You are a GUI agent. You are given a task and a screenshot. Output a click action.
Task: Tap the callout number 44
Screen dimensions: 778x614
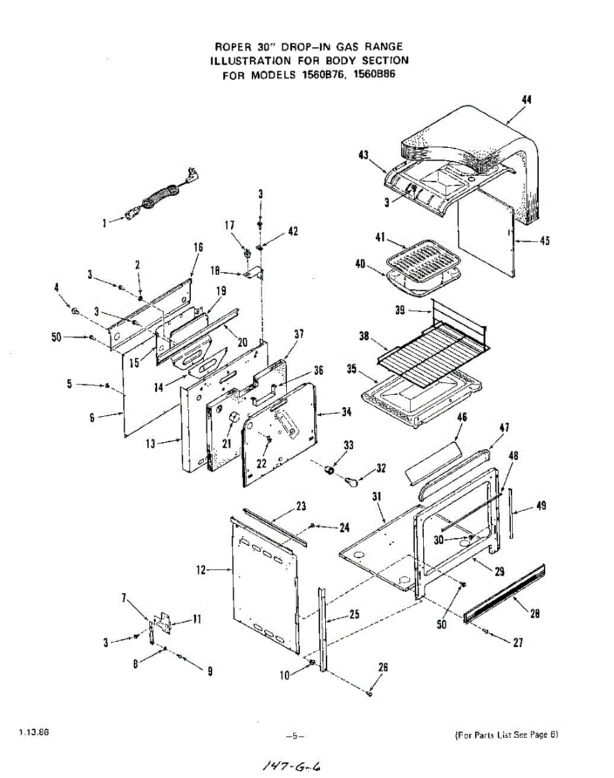pos(526,99)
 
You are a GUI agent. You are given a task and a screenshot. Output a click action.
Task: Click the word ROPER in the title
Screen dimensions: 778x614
pos(231,47)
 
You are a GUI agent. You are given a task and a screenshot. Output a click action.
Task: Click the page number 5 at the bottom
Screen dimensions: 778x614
pos(295,736)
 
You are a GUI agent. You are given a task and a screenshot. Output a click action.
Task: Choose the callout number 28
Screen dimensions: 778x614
pos(535,614)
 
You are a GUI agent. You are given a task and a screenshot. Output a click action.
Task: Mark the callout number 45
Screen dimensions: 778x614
pos(545,242)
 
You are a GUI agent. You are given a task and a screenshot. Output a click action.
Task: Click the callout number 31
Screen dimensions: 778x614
pos(377,497)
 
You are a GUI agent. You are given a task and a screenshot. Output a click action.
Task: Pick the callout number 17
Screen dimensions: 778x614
pos(230,226)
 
